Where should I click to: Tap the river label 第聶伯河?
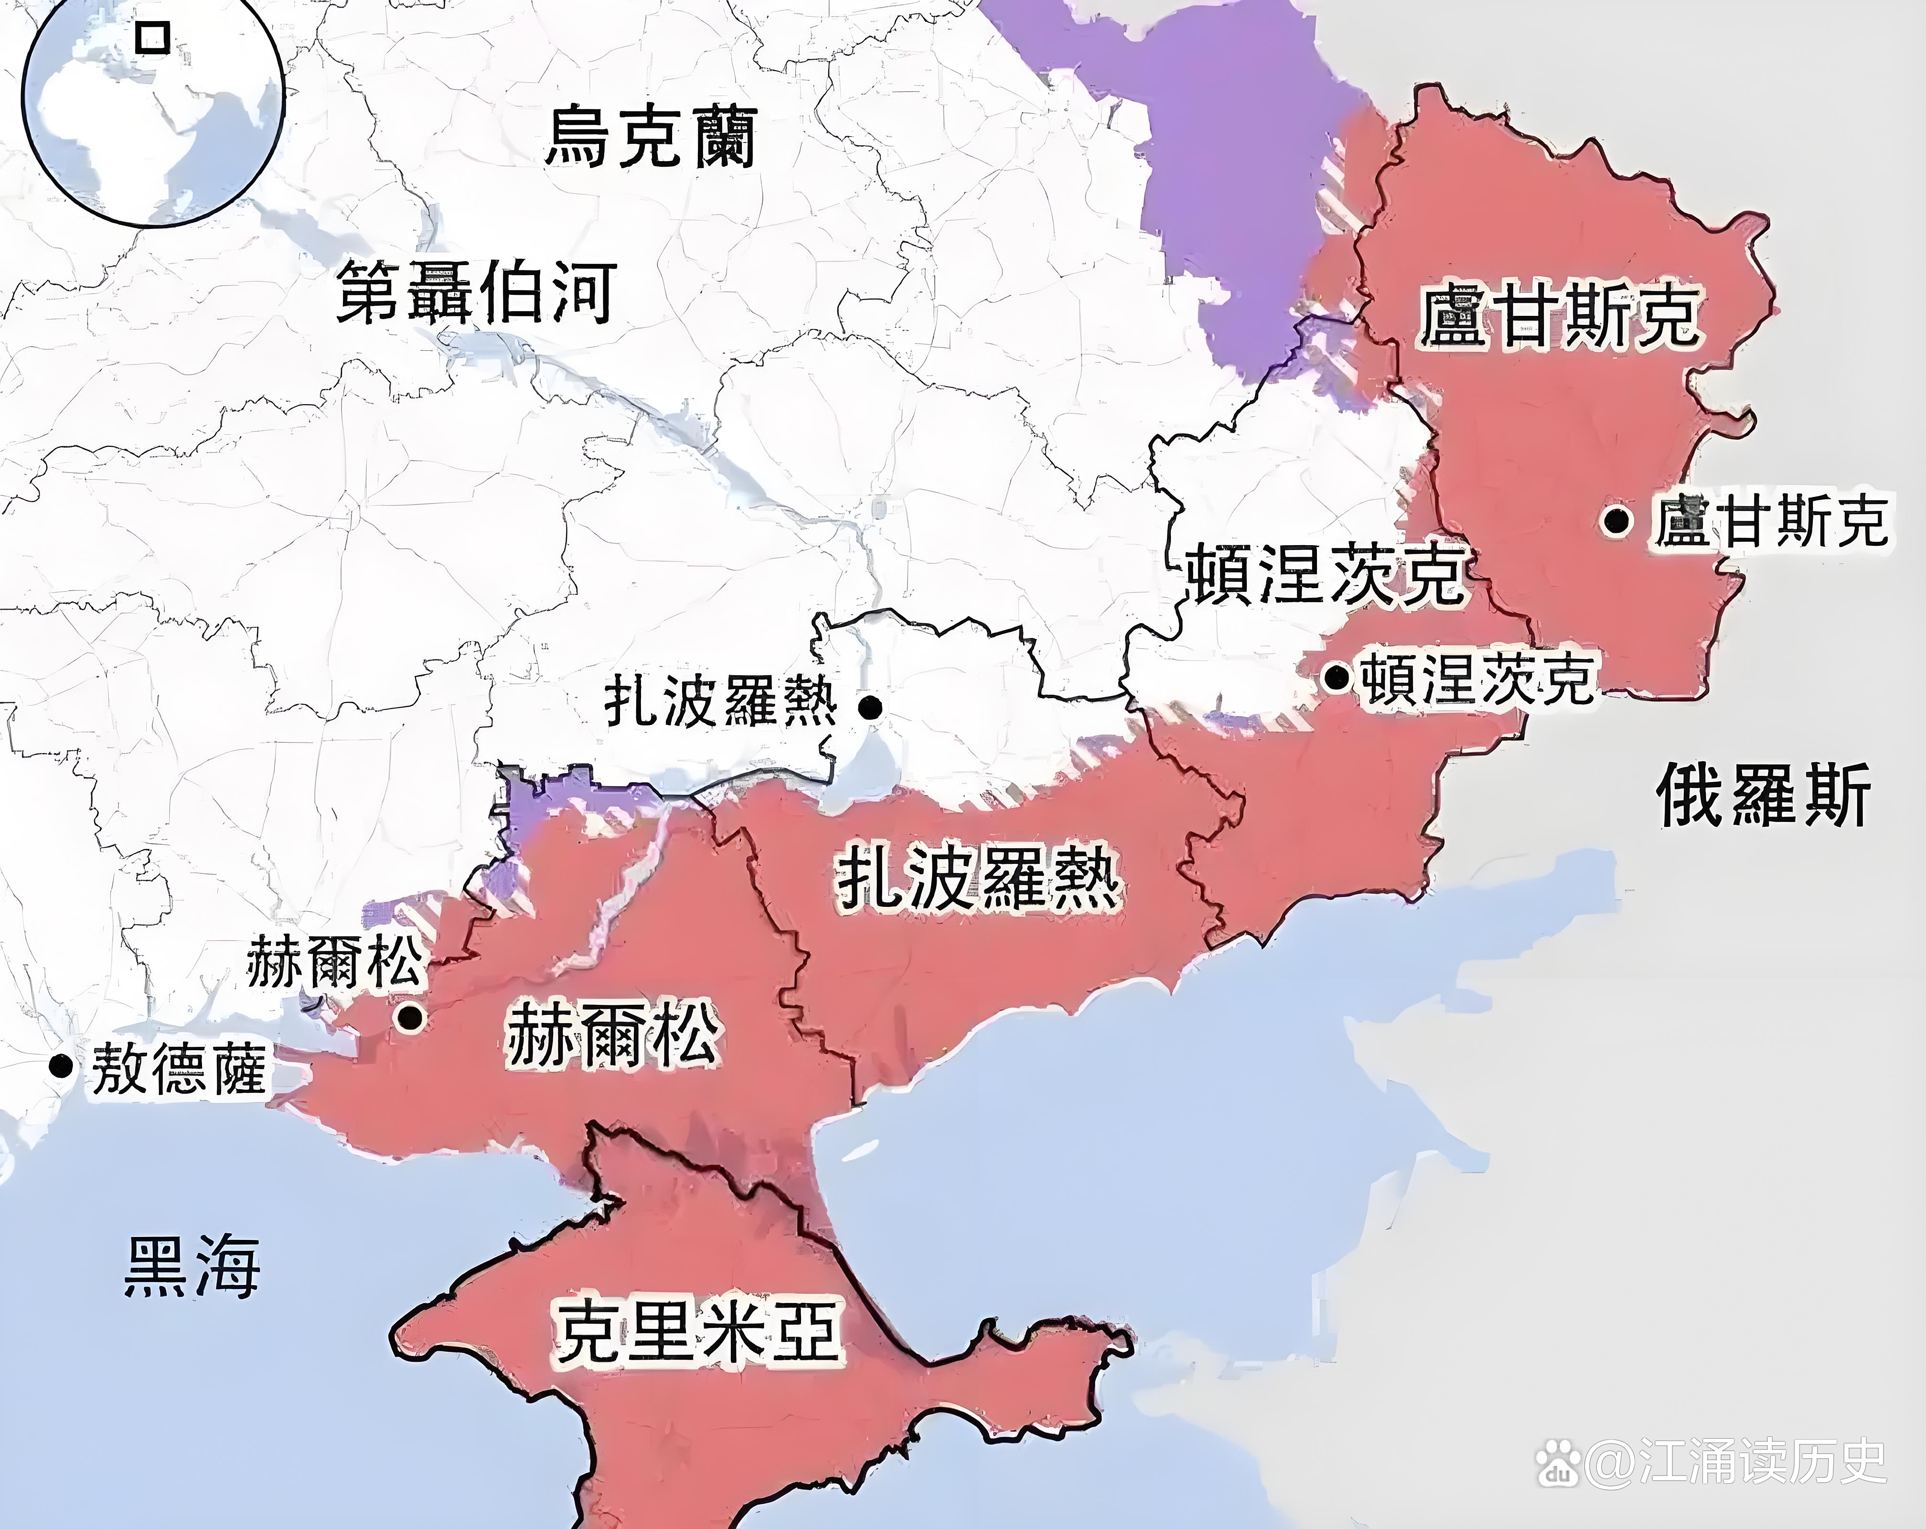476,292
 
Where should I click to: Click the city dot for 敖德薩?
61,1065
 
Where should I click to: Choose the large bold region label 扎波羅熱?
978,878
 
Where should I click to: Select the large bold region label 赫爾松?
613,1035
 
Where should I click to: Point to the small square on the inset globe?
153,38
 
